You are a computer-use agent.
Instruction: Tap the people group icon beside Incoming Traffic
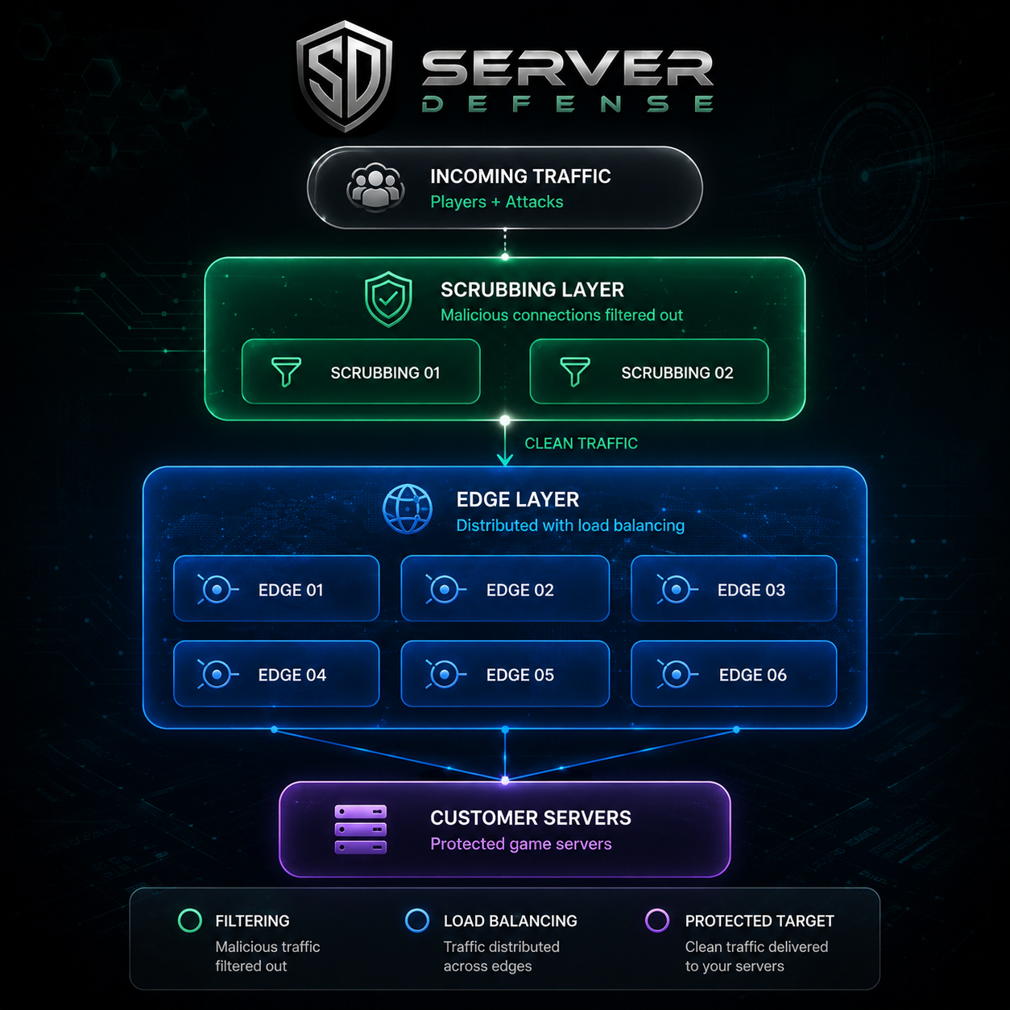point(375,188)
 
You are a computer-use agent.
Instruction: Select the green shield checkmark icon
point(388,299)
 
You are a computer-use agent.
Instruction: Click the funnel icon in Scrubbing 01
point(286,371)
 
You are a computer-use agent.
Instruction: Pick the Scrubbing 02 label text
point(677,373)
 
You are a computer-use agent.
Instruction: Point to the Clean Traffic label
point(581,444)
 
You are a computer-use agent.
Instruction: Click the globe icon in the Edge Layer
point(408,509)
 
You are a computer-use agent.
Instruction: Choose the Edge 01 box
point(276,588)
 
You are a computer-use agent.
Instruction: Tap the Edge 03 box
point(734,588)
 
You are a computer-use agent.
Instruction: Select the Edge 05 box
point(505,673)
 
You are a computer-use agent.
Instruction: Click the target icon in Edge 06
point(677,674)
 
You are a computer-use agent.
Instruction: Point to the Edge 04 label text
point(292,675)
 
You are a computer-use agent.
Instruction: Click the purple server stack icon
point(361,830)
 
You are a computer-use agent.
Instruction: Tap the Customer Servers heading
point(531,818)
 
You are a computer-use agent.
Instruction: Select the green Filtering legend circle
point(190,921)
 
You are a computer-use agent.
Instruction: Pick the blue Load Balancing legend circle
point(417,921)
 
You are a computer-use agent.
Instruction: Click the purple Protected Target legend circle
point(656,921)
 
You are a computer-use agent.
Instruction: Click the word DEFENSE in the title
point(568,104)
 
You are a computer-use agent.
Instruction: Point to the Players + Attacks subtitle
point(496,202)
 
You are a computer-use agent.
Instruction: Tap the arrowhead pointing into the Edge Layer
point(505,460)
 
